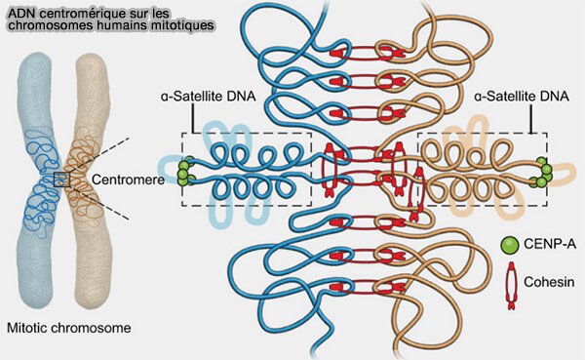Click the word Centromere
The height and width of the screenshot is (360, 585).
(x=128, y=180)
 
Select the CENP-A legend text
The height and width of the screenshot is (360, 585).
(x=550, y=244)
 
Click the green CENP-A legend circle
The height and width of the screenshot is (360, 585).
(x=510, y=245)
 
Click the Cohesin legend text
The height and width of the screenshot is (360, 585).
(x=549, y=282)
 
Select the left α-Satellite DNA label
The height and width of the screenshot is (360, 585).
(x=209, y=97)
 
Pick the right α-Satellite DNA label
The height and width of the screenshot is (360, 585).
(x=522, y=97)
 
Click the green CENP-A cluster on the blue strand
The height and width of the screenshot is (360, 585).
(x=184, y=172)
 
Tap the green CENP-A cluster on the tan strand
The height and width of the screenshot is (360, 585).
(x=543, y=172)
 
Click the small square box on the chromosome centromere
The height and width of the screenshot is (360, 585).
(x=61, y=180)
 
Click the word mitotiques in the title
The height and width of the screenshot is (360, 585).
(x=181, y=25)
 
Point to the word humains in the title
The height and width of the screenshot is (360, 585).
(x=121, y=25)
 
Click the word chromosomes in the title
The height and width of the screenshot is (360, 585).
(x=51, y=25)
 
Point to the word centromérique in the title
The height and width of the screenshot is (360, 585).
(x=71, y=15)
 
